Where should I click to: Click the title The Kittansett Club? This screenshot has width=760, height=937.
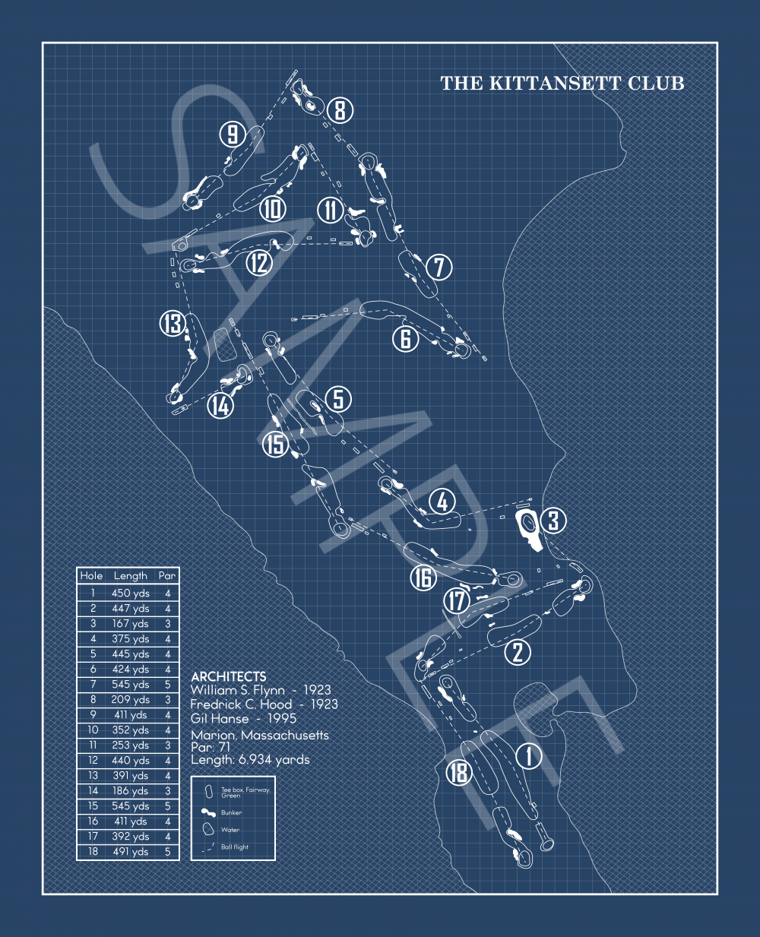[x=562, y=83]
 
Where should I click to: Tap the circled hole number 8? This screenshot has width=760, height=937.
[x=340, y=109]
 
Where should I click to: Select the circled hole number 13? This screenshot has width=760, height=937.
[x=173, y=323]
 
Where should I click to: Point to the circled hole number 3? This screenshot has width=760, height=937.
[x=553, y=521]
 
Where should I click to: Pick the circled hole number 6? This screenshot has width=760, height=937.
[x=406, y=339]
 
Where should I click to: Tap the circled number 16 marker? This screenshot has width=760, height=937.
[x=423, y=578]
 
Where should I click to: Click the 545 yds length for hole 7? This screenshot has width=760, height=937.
[x=131, y=684]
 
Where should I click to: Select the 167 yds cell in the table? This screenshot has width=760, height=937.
[x=131, y=623]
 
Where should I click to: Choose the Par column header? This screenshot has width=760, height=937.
[x=167, y=576]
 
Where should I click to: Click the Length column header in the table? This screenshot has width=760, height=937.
[x=131, y=576]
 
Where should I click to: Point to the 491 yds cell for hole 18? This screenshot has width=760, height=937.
[x=131, y=851]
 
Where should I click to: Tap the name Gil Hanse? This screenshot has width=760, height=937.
[x=220, y=719]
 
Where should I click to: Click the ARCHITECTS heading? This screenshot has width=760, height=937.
[x=229, y=676]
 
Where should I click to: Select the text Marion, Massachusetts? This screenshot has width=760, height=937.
[x=260, y=735]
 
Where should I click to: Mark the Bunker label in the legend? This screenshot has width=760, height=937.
[x=231, y=812]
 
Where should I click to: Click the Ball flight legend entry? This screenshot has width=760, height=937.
[x=235, y=847]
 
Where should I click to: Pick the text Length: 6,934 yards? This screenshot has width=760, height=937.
[x=250, y=760]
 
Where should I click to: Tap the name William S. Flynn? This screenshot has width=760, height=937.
[x=237, y=690]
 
